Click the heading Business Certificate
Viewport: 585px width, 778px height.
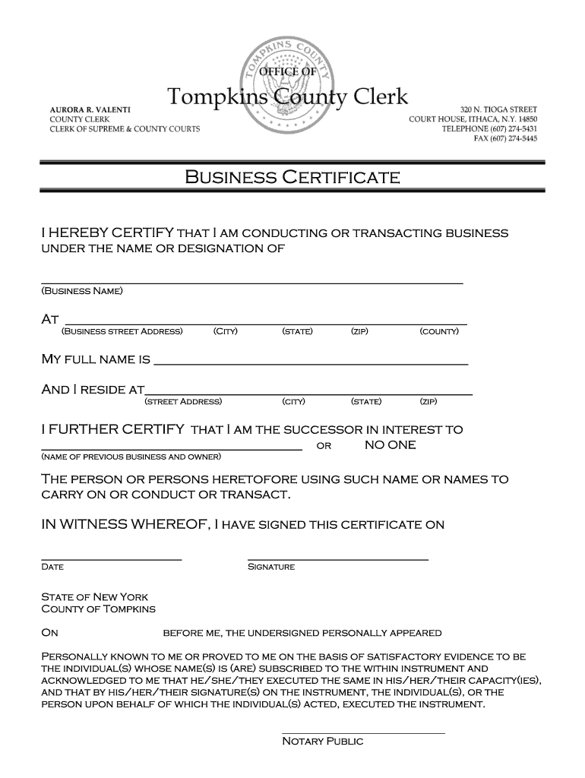(292, 179)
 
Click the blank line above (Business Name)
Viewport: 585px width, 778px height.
(251, 281)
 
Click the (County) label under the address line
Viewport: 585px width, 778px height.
(439, 331)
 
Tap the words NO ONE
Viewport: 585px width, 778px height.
(390, 445)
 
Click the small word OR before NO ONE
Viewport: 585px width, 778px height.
(324, 446)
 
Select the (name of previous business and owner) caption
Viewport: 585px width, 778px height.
(131, 457)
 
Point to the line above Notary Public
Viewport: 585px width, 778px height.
(363, 732)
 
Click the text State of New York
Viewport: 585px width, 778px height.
(95, 597)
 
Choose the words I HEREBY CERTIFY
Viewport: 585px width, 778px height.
(108, 232)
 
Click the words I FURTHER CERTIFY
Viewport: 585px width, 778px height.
(112, 429)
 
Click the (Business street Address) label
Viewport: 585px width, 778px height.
(122, 331)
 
